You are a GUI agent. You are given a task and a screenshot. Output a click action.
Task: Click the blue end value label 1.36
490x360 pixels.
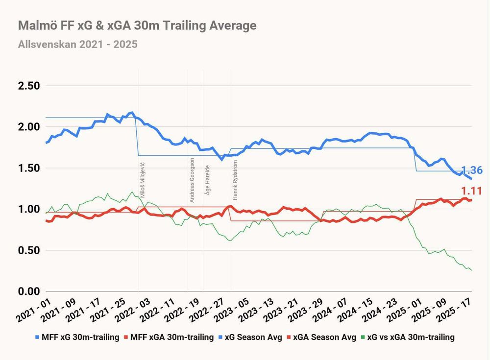(x=471, y=171)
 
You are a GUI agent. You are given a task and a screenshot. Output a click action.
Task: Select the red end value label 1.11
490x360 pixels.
(x=471, y=191)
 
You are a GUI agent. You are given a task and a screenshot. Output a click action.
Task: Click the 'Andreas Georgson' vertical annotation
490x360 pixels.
(x=192, y=180)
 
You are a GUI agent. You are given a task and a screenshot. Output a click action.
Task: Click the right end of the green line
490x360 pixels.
(x=472, y=270)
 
